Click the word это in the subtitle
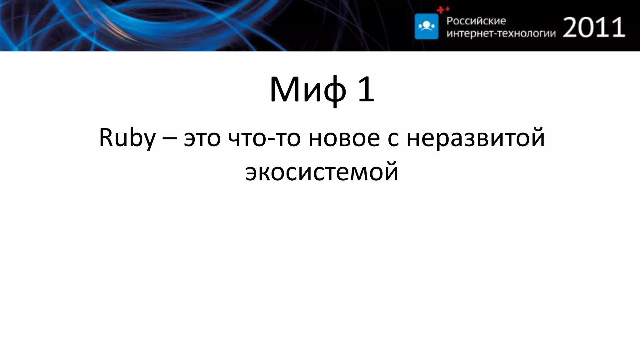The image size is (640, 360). [x=202, y=139]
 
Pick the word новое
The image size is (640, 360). [x=344, y=139]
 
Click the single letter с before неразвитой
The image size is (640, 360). [x=393, y=139]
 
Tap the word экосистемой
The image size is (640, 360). [x=322, y=172]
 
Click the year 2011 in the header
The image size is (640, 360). [x=594, y=27]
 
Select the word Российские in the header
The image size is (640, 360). [x=476, y=21]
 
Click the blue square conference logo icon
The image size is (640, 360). [x=426, y=26]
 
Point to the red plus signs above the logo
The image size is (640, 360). [x=443, y=10]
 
